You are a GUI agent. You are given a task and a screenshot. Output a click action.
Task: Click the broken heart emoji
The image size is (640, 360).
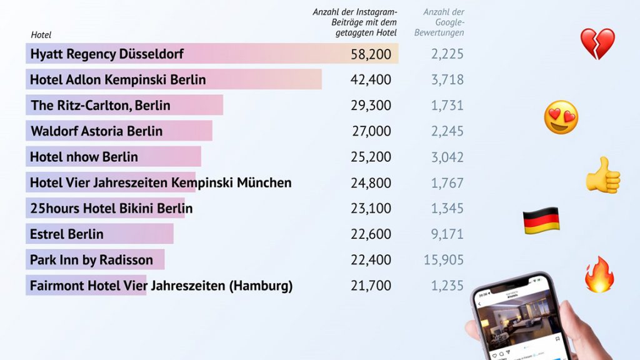pyautogui.click(x=597, y=44)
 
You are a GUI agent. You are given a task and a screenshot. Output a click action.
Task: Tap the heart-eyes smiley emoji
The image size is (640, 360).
pyautogui.click(x=561, y=117)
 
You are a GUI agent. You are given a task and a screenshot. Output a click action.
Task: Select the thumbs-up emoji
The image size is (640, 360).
pyautogui.click(x=602, y=176)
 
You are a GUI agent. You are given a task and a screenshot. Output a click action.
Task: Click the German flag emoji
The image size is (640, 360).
pyautogui.click(x=541, y=221)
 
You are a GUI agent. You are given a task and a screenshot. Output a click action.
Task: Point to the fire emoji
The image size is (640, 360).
pyautogui.click(x=599, y=274)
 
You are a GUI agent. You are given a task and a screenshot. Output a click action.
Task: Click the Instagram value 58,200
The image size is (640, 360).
pyautogui.click(x=371, y=54)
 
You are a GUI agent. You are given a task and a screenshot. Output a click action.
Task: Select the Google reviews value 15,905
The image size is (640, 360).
pyautogui.click(x=444, y=259)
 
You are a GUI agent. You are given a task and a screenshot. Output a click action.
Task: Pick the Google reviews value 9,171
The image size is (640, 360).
pyautogui.click(x=447, y=234)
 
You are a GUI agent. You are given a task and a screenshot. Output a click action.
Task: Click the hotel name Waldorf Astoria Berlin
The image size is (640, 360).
pyautogui.click(x=97, y=131)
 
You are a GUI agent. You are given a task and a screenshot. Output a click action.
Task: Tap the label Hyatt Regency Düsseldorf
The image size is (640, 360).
pyautogui.click(x=107, y=54)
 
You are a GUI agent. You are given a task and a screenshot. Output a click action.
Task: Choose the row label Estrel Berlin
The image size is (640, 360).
pyautogui.click(x=67, y=234)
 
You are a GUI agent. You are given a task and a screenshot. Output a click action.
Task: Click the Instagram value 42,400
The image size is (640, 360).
pyautogui.click(x=371, y=80)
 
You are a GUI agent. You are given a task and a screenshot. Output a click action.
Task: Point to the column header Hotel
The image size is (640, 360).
pyautogui.click(x=41, y=35)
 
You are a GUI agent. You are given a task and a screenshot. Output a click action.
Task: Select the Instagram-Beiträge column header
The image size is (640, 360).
pyautogui.click(x=355, y=22)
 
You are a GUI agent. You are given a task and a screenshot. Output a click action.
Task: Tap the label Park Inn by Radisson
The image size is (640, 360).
pyautogui.click(x=91, y=260)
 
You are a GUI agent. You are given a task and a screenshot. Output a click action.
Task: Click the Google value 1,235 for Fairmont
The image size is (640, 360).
pyautogui.click(x=447, y=286)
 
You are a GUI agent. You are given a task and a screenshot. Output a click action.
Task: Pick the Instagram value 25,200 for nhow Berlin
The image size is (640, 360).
pyautogui.click(x=371, y=157)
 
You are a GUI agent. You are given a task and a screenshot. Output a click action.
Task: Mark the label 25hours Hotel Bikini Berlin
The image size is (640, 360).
pyautogui.click(x=111, y=208)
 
